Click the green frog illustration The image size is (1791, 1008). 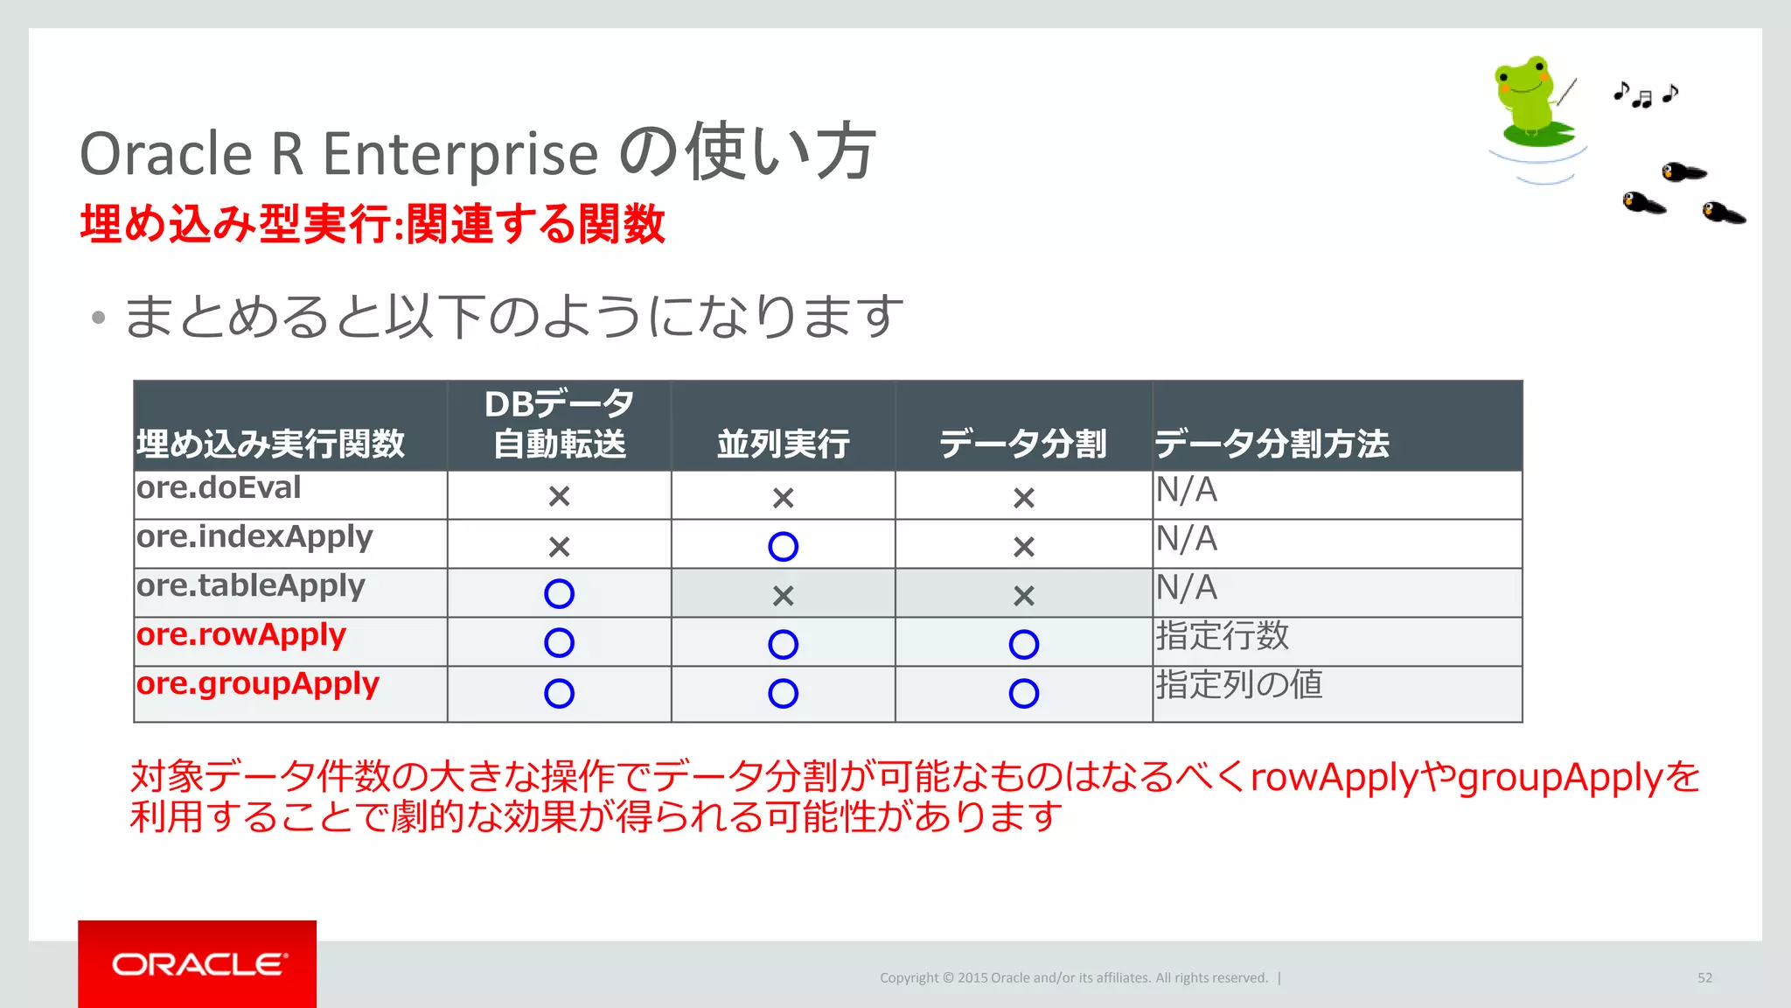(1532, 101)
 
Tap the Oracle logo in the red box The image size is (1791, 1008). (199, 963)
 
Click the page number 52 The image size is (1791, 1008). (1704, 977)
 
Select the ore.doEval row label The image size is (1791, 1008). (219, 488)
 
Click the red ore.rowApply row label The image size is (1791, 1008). (241, 634)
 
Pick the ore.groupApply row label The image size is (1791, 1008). (258, 684)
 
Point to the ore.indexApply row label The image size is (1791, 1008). (254, 537)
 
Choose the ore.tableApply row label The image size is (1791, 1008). (251, 586)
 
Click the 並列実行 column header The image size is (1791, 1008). (783, 444)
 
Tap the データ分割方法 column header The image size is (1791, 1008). (1272, 444)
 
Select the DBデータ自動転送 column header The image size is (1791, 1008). (560, 424)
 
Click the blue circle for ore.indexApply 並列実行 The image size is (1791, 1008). (783, 547)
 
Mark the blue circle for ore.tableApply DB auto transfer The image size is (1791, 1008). (559, 594)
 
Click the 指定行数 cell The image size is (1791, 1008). (1223, 636)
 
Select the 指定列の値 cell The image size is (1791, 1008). (1238, 685)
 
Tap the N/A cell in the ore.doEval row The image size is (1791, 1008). (1187, 490)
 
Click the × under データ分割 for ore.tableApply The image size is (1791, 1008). (1023, 596)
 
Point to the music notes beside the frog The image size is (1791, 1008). (1645, 94)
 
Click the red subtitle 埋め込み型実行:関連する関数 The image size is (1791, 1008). (373, 224)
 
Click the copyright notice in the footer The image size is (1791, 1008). (1074, 977)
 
